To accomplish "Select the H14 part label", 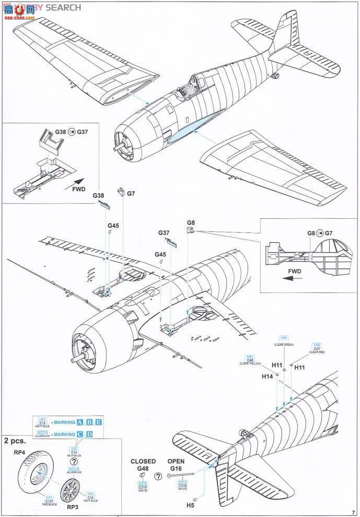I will tap(268, 375).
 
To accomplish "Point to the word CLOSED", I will tap(143, 461).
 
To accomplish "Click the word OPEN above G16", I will tap(176, 461).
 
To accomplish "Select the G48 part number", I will tap(143, 468).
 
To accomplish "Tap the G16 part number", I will tap(176, 468).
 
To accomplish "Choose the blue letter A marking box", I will tap(80, 422).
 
